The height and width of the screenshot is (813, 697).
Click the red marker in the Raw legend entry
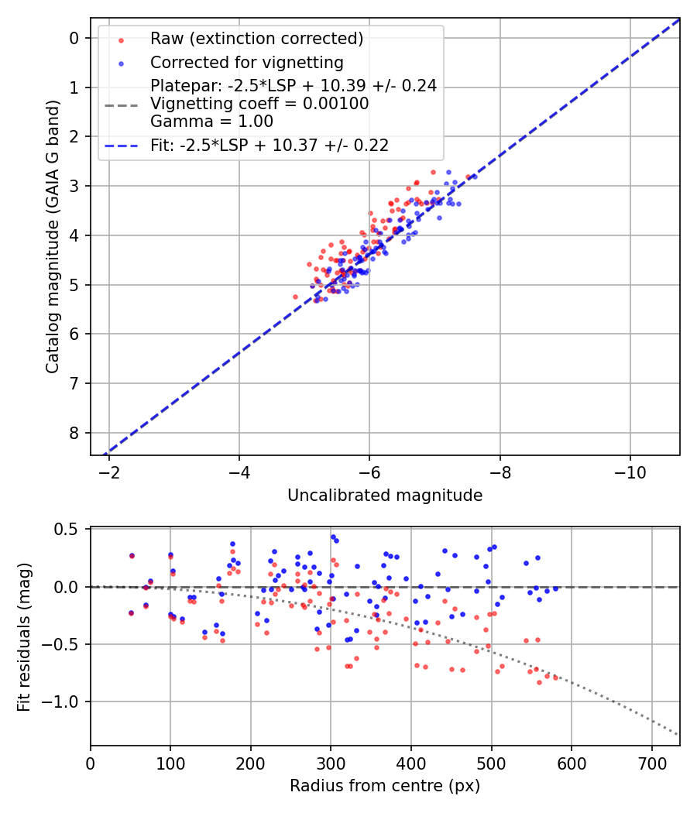click(120, 39)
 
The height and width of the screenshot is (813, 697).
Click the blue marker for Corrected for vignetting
click(120, 62)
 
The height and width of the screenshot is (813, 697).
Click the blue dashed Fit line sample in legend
click(120, 145)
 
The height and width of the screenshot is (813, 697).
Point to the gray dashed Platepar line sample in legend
click(120, 104)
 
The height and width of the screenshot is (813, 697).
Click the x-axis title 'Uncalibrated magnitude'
click(385, 496)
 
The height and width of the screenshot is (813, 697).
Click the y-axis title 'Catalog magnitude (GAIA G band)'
click(52, 235)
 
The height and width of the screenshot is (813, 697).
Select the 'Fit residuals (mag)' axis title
click(24, 636)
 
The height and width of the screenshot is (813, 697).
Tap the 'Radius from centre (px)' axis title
click(385, 786)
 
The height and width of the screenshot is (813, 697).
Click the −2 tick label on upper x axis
click(109, 472)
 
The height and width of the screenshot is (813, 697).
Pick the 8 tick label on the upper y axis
click(74, 433)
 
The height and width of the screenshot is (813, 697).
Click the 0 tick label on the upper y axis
click(74, 38)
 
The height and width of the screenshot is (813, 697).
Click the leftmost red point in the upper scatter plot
click(295, 297)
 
